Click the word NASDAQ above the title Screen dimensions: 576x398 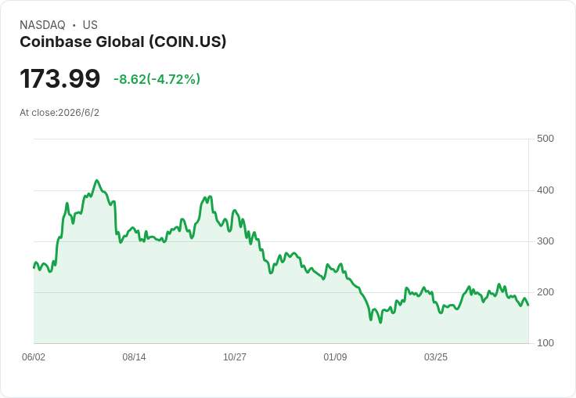pos(42,25)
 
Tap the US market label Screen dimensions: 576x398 pos(90,25)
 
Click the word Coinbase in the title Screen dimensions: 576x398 pos(56,42)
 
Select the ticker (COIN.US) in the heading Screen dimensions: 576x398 pos(187,42)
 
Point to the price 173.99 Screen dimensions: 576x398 pos(60,78)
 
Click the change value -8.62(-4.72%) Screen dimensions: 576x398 pos(157,79)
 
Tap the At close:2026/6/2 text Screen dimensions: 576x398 pos(59,113)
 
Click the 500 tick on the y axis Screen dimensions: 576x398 pos(545,139)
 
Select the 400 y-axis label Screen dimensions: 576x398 pos(545,190)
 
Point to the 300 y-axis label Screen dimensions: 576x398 pos(545,241)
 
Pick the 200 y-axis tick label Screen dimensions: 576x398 pos(545,292)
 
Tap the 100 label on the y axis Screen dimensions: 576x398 pos(545,343)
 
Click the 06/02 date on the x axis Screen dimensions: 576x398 pos(34,357)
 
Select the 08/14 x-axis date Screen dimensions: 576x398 pos(134,357)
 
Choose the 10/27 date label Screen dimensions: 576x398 pos(235,357)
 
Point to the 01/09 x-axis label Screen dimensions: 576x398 pos(335,357)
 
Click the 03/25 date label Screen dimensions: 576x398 pos(436,357)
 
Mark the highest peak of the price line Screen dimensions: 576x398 pos(96,180)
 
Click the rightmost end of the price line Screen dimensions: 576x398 pos(528,306)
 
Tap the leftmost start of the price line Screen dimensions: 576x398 pos(34,268)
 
